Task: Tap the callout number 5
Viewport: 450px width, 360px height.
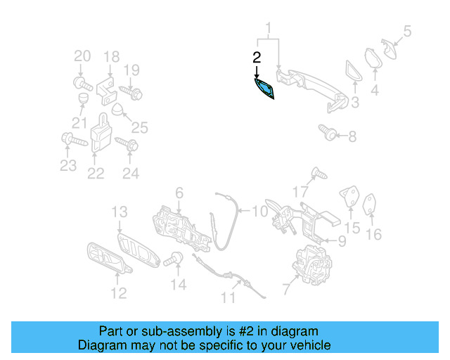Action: click(x=407, y=31)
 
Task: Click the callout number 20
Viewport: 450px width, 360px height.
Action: click(x=82, y=56)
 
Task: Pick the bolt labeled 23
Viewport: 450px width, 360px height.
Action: click(x=72, y=140)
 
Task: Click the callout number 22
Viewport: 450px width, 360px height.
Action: click(x=96, y=173)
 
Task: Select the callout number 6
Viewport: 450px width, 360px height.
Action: click(x=179, y=192)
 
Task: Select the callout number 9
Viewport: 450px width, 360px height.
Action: click(x=342, y=242)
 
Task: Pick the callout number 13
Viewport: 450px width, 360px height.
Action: click(x=119, y=211)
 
